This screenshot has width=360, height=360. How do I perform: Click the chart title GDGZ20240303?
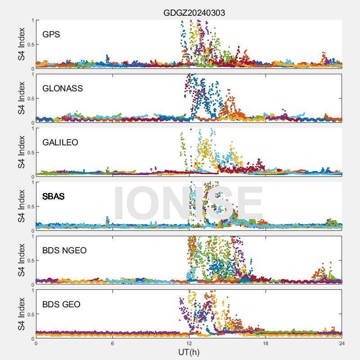[194, 13]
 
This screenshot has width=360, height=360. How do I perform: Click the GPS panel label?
[51, 34]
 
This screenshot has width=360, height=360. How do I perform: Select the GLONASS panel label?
[63, 88]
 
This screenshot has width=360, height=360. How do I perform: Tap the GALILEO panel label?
[60, 142]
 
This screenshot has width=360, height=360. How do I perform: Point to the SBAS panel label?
[54, 196]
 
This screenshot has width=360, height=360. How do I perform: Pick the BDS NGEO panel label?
[65, 251]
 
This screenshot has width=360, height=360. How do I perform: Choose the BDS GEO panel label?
[62, 305]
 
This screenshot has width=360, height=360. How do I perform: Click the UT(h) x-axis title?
[189, 351]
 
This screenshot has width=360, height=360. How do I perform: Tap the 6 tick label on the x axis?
[112, 343]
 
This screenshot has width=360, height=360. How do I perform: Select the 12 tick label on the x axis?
[189, 343]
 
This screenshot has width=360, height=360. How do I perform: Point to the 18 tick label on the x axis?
[265, 343]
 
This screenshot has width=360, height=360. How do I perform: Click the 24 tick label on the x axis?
[342, 343]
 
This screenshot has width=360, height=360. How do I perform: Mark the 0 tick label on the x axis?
[36, 343]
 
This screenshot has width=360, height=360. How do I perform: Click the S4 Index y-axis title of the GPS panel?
[21, 44]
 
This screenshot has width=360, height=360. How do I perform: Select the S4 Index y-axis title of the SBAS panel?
[21, 206]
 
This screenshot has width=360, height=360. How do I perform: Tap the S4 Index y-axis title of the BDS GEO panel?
[21, 314]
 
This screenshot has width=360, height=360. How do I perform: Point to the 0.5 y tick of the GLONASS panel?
[30, 98]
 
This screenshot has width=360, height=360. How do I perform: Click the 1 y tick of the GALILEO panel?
[33, 128]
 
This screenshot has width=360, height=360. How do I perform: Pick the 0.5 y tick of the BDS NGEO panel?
[30, 260]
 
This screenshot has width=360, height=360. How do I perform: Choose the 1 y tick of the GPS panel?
[33, 20]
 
